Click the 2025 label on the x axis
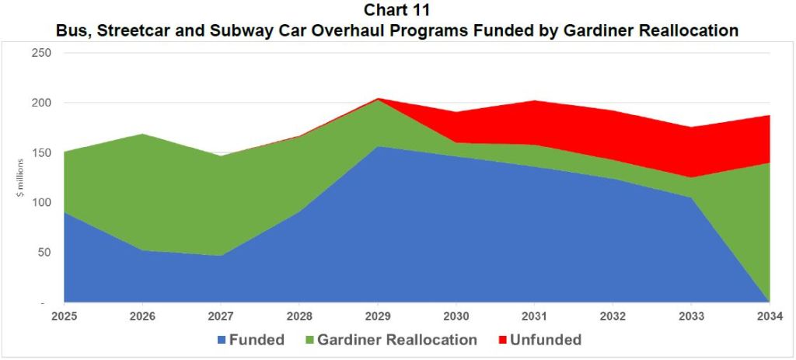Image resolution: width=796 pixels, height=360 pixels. click(64, 316)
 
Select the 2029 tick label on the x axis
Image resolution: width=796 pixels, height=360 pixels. click(378, 316)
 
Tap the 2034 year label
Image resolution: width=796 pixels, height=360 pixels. click(770, 316)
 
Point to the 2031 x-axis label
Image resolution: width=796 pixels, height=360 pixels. click(535, 316)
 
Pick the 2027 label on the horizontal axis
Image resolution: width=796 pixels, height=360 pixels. click(221, 316)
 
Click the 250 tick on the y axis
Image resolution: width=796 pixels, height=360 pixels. click(40, 53)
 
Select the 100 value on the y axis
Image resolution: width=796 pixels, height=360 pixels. click(40, 202)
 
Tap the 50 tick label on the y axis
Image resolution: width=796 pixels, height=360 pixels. click(44, 253)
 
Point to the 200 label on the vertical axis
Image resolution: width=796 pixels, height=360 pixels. click(40, 103)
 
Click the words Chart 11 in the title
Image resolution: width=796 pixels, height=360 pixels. click(398, 11)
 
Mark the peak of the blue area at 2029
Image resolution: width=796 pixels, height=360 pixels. click(378, 146)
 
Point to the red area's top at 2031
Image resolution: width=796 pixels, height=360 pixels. click(535, 100)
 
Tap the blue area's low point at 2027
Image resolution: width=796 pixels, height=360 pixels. click(221, 256)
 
